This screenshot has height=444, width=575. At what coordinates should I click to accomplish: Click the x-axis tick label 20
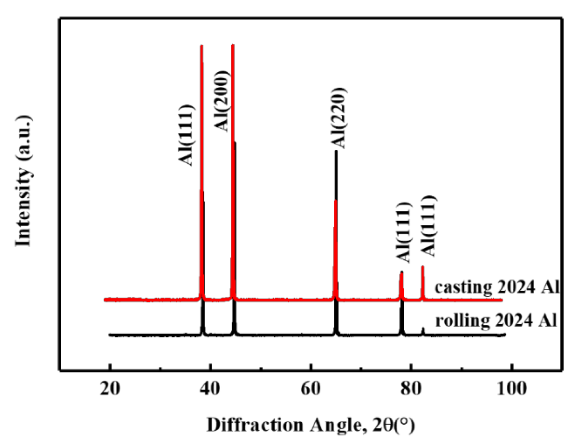point(110,389)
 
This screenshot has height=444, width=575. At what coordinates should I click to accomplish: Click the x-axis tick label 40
point(210,389)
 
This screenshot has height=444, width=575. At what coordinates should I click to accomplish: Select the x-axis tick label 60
point(310,389)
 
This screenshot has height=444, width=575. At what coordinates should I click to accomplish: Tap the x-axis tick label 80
point(411,389)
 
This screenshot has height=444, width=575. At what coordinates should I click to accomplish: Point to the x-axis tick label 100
point(511,389)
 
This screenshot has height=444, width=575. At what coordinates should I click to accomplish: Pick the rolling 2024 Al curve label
point(497,320)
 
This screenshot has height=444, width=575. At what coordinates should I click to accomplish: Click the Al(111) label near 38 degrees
point(187,135)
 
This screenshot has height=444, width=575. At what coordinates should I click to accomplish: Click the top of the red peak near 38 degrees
point(202,46)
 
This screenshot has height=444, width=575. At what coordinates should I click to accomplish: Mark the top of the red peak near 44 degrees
point(233,45)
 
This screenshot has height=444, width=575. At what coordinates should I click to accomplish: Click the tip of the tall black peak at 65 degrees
point(336,151)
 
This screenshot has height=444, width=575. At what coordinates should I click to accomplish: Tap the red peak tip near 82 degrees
point(423,266)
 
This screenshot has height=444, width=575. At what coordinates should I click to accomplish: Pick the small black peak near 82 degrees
point(423,328)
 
